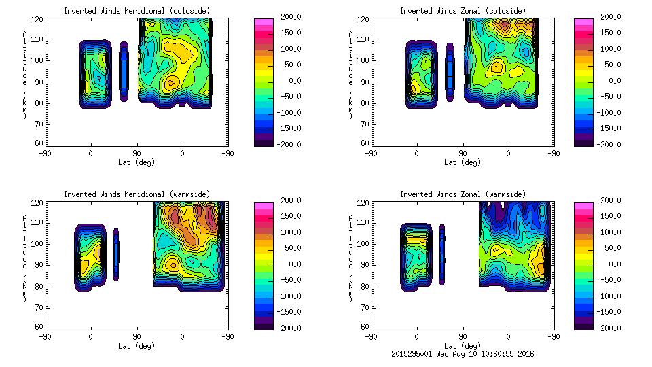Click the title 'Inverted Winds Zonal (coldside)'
pyautogui.click(x=463, y=11)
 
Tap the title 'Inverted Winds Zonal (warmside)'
pyautogui.click(x=463, y=194)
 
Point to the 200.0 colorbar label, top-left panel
pyautogui.click(x=287, y=17)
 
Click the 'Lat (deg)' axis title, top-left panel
pyautogui.click(x=136, y=162)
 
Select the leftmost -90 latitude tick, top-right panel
pyautogui.click(x=370, y=154)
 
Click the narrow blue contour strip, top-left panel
pyautogui.click(x=124, y=71)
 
